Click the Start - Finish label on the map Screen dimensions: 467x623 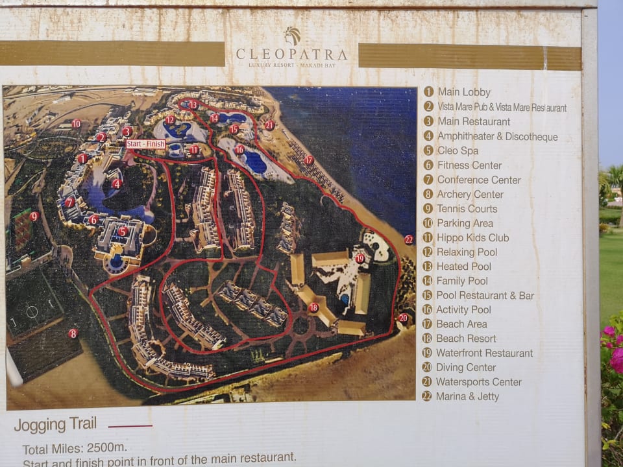pyautogui.click(x=146, y=143)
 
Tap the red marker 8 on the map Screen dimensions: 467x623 pyautogui.click(x=73, y=333)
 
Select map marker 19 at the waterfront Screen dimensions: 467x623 pyautogui.click(x=360, y=258)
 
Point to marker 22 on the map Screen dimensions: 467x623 pyautogui.click(x=408, y=239)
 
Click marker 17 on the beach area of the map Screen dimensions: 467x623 pyautogui.click(x=309, y=160)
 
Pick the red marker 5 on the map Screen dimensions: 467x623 pyautogui.click(x=123, y=231)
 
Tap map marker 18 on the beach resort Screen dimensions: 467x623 pyautogui.click(x=313, y=307)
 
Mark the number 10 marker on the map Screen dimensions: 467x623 pyautogui.click(x=77, y=123)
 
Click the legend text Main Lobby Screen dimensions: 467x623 pyautogui.click(x=464, y=92)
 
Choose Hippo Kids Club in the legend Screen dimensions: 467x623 pyautogui.click(x=472, y=237)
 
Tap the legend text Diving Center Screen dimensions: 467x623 pyautogui.click(x=466, y=368)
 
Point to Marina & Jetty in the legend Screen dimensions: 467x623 pyautogui.click(x=467, y=396)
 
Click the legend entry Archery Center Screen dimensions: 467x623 pyautogui.click(x=470, y=194)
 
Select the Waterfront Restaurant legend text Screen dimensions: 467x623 pyautogui.click(x=484, y=353)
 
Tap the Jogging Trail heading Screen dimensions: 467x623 pyautogui.click(x=55, y=425)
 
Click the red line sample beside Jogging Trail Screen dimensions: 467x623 pyautogui.click(x=130, y=426)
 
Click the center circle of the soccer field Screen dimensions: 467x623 pyautogui.click(x=32, y=312)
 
